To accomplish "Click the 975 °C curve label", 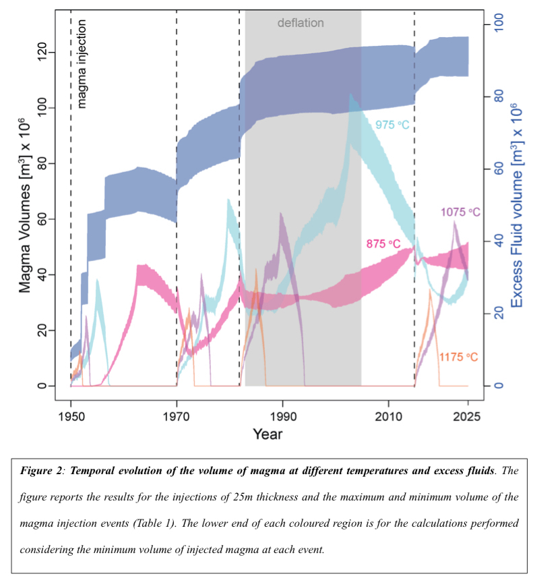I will coord(393,125).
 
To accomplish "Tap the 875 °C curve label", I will coord(383,243).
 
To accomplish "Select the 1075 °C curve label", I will coord(461,212).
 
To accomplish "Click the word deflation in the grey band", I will coord(301,23).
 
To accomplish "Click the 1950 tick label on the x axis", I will coord(71,416).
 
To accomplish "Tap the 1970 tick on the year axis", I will coord(177,416).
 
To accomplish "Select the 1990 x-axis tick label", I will coord(282,416).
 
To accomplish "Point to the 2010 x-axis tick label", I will coord(388,416).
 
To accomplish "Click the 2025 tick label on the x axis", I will coord(468,416).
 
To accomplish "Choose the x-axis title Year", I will coord(268,434).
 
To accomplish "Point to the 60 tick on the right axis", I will coord(499,169).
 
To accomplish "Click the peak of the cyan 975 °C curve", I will coord(350,94).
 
